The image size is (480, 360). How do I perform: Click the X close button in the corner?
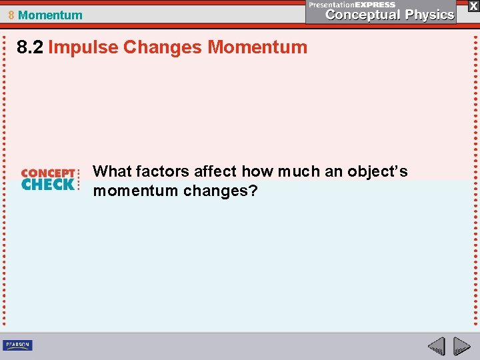coord(473,5)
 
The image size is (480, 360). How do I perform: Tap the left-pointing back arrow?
coord(437,346)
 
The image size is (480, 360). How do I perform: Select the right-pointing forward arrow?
coord(461,346)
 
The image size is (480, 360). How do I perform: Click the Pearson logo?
coord(17,345)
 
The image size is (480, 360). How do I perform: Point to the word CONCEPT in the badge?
coord(48,173)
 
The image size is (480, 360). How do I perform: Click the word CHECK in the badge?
coord(48,185)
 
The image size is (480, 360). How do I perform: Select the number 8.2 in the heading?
coord(31,47)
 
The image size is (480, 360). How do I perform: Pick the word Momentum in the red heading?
coord(257,47)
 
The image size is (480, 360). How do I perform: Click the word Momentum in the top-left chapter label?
coord(51,15)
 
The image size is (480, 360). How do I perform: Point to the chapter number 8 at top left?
coord(11,15)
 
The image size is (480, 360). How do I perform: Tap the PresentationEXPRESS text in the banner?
coord(352,5)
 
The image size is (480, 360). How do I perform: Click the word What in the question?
coord(112,171)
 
